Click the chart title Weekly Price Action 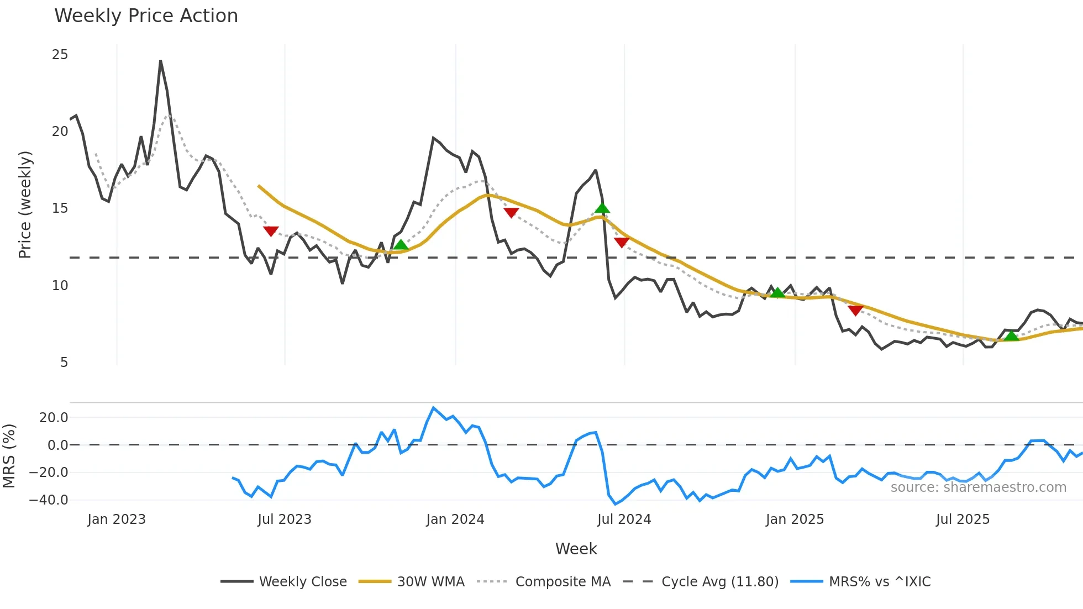(146, 16)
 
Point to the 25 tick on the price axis (60, 55)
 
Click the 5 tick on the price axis (64, 363)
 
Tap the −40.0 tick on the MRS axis (49, 500)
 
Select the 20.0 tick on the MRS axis (54, 418)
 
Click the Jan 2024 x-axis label (455, 519)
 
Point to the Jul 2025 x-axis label (963, 519)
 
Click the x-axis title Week (576, 549)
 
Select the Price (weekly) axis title (25, 204)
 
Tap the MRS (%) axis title (9, 456)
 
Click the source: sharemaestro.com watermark (978, 487)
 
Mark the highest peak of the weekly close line (160, 61)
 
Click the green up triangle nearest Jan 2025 (777, 293)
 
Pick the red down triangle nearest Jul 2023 (271, 231)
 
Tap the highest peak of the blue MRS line (433, 408)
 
